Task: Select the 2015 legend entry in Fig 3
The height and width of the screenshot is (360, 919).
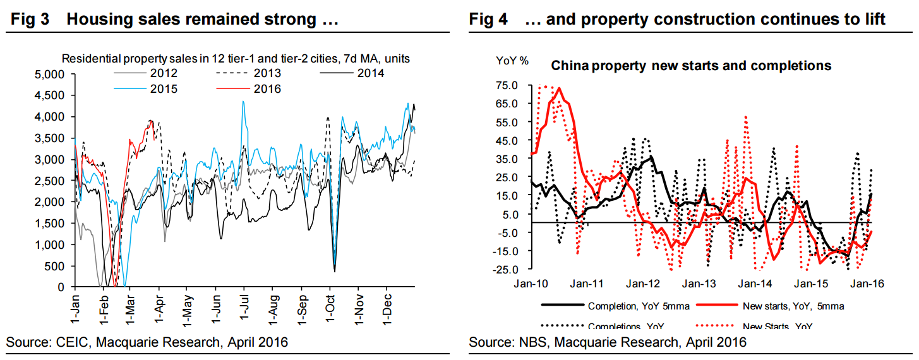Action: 164,89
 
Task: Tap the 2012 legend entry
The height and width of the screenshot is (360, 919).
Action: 164,74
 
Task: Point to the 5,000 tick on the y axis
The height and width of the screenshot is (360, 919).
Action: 52,75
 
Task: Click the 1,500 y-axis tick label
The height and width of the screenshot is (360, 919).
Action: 52,223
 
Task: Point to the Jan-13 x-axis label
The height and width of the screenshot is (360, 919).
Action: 699,284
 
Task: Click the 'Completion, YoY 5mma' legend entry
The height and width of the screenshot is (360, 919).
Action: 638,306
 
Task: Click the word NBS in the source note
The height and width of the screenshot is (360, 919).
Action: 526,342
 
